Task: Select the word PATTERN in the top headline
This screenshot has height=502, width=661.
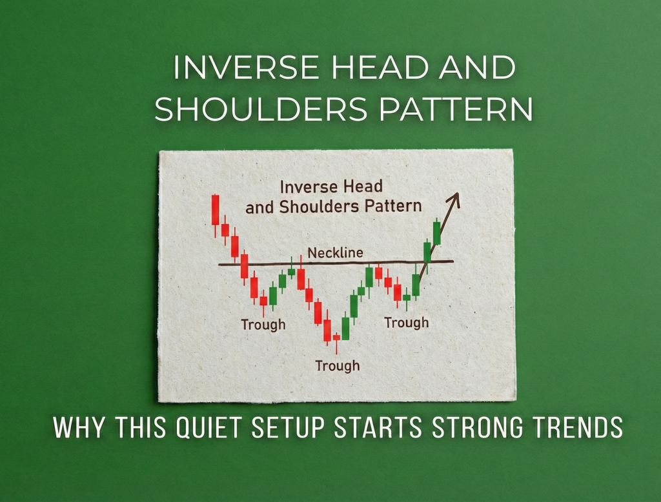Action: click(456, 110)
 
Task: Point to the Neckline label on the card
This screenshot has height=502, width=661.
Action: click(335, 253)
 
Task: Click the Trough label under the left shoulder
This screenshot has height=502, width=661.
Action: click(263, 325)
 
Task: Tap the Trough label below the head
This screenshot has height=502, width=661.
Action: click(337, 366)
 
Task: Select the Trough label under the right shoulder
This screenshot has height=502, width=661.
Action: click(406, 322)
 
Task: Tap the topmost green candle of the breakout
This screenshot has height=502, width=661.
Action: click(437, 232)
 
